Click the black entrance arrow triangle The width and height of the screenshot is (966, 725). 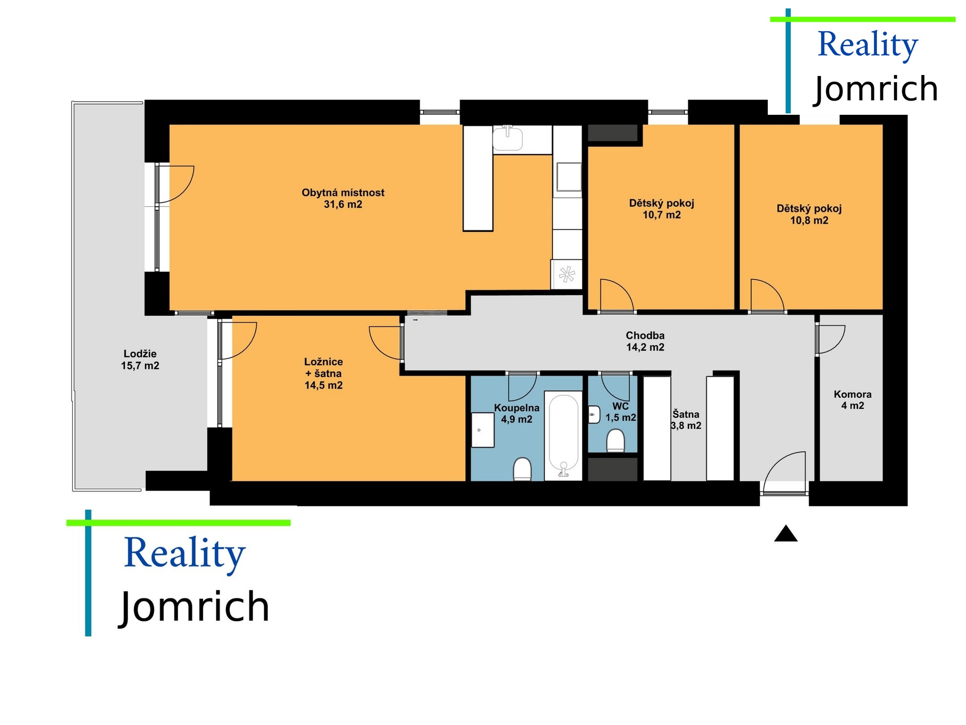[786, 534]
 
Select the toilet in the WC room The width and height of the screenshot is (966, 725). [616, 441]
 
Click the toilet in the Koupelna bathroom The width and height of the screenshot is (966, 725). [522, 469]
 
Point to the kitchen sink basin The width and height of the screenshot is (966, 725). [508, 138]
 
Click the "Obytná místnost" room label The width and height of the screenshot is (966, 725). [343, 192]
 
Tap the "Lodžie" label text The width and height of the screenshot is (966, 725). [140, 353]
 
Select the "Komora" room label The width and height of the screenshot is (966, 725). [852, 394]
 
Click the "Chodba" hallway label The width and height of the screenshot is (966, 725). [645, 335]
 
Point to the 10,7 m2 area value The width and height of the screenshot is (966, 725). [662, 215]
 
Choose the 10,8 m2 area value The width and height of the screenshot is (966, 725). [809, 221]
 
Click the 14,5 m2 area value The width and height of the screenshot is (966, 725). [324, 386]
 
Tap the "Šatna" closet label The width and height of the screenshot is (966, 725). [686, 414]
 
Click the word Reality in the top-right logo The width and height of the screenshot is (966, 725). [868, 45]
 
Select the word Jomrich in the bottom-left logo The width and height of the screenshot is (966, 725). [194, 607]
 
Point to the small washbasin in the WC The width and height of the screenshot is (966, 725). [594, 415]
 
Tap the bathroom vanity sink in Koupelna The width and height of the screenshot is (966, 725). [482, 430]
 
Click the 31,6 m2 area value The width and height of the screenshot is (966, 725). [343, 204]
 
